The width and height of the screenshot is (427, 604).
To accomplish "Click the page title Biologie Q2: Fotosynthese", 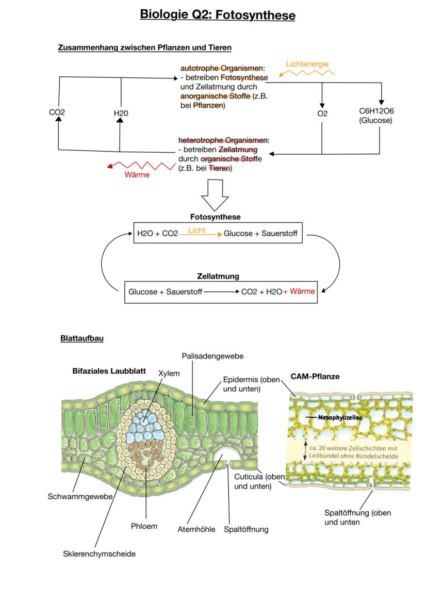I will click(218, 15).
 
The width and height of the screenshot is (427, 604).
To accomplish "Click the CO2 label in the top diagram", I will click(57, 112).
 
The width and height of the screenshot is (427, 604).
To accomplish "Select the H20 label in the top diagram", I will click(121, 113).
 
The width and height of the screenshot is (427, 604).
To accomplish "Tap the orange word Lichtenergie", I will click(307, 64).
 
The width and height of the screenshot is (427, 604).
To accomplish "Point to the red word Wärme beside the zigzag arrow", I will click(137, 175).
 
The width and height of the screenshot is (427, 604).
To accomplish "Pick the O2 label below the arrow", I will click(322, 113).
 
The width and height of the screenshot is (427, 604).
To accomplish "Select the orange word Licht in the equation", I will click(196, 231).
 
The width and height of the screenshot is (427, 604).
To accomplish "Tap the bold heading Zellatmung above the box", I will click(218, 276).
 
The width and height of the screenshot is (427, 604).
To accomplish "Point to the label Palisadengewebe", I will click(213, 356).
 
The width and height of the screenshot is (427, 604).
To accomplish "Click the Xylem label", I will click(169, 373).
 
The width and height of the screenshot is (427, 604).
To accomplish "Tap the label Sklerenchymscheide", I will click(96, 553).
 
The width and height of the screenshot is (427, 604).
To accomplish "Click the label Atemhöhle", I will click(196, 529).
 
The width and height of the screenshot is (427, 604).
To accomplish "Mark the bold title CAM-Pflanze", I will click(315, 377).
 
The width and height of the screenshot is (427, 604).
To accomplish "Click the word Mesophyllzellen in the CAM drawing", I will click(340, 417).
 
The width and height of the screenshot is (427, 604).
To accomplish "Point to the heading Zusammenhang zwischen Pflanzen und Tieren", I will click(145, 47).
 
